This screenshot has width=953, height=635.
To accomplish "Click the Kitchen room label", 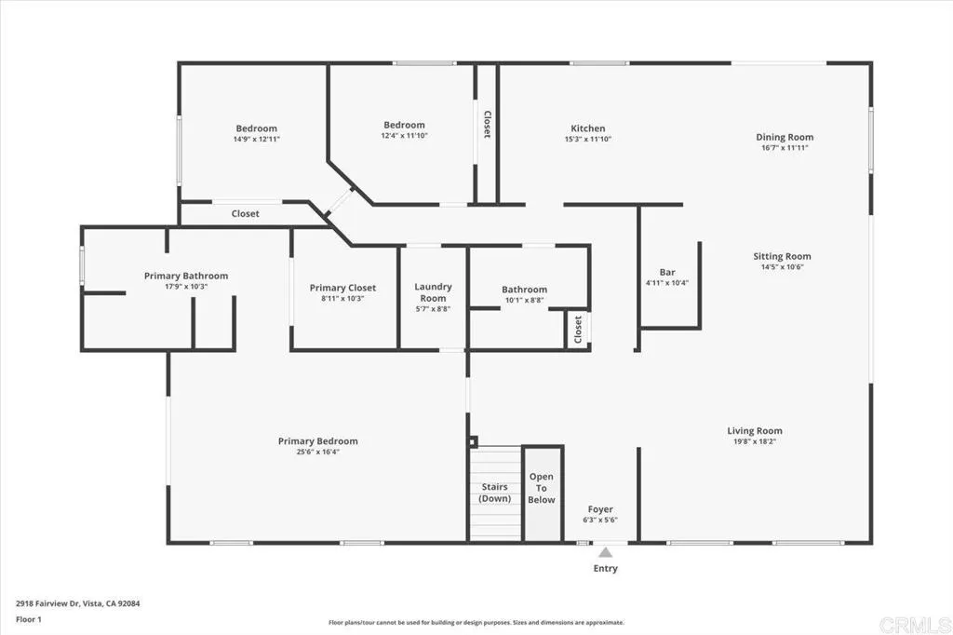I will (x=587, y=128).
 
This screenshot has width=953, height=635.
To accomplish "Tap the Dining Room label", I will (x=786, y=137).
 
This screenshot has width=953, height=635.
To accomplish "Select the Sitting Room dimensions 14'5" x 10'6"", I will (x=782, y=267).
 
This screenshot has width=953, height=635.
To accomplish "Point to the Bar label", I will (x=666, y=273).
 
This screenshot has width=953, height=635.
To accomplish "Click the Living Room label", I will (x=755, y=431).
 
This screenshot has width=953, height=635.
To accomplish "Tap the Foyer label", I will (x=600, y=509).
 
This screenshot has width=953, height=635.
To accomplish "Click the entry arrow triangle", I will (x=605, y=552).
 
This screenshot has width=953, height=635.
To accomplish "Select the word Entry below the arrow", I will (x=605, y=568).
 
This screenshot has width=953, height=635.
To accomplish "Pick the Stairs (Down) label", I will (x=495, y=493).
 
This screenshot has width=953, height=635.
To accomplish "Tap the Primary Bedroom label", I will (x=317, y=441).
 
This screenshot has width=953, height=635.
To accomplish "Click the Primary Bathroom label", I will (x=185, y=276).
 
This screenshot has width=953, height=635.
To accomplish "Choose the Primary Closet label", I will (x=342, y=288).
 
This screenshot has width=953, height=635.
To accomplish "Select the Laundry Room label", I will (x=433, y=291).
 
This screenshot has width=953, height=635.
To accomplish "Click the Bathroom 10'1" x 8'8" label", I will (x=524, y=290).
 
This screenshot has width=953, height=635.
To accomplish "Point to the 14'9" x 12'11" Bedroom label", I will (x=256, y=128).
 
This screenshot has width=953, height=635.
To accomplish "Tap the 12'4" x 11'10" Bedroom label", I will (x=404, y=125).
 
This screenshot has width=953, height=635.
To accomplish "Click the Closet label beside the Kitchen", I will (x=486, y=125).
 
